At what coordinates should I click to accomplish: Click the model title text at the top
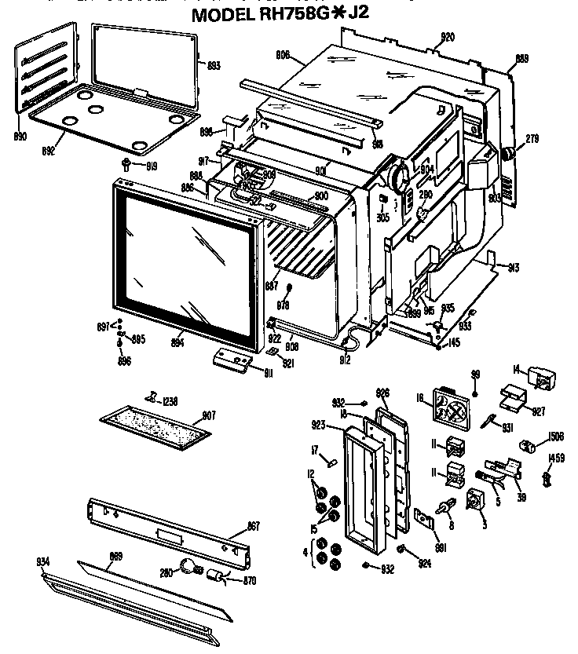click(x=288, y=15)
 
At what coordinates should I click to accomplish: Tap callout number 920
click(x=447, y=37)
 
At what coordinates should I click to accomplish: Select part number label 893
click(x=212, y=66)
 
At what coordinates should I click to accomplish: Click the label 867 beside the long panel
click(x=253, y=525)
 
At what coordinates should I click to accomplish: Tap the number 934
click(x=42, y=562)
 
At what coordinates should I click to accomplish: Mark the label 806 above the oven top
click(x=284, y=54)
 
